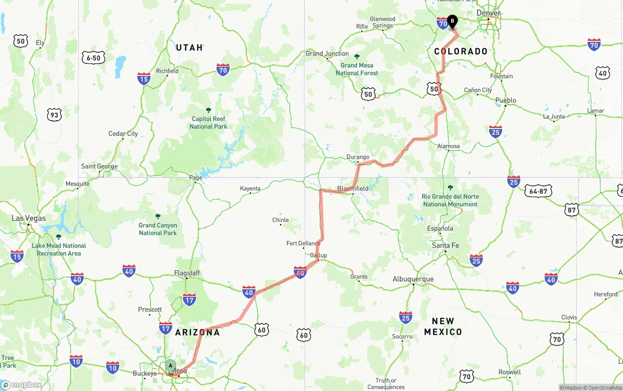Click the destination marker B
pos(452,21)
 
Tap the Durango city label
pos(358,157)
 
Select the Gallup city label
pos(318,255)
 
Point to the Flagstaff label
pos(187,273)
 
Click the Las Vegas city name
pos(29,218)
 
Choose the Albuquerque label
pos(413,279)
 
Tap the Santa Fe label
pos(445,245)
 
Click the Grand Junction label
pos(327,54)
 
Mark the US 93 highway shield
pos(54,115)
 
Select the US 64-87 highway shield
pos(538,191)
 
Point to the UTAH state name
pos(189,48)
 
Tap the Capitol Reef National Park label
pos(208,123)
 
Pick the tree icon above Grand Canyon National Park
pos(158,216)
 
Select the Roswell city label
pos(509,372)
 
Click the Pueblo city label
pos(505,100)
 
